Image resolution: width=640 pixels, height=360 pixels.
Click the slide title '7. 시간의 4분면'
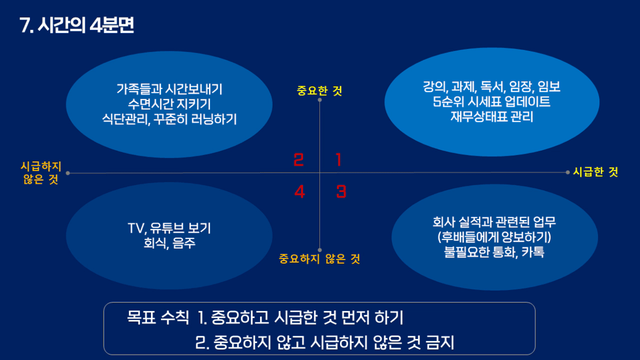click(77, 25)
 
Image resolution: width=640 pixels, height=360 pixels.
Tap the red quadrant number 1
click(338, 159)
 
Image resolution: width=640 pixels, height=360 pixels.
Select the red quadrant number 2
click(298, 159)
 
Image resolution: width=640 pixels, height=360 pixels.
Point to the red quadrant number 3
click(341, 192)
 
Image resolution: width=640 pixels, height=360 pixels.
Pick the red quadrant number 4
click(299, 192)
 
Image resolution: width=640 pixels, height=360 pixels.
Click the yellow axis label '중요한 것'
click(319, 91)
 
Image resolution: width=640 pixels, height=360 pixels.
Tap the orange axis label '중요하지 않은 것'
click(319, 259)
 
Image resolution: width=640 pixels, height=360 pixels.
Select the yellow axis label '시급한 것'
click(596, 172)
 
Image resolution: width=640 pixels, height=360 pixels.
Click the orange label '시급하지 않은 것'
click(41, 173)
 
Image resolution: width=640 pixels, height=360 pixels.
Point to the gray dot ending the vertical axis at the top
click(319, 99)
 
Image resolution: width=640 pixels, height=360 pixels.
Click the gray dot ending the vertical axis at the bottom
click(319, 250)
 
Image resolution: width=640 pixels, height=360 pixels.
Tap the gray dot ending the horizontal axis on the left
click(68, 173)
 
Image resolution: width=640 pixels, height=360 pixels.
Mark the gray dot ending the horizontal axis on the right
click(568, 172)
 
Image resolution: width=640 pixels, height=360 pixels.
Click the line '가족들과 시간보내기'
click(169, 89)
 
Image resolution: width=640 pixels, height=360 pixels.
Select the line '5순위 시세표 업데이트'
click(492, 102)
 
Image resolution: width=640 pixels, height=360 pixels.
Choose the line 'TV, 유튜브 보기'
click(169, 228)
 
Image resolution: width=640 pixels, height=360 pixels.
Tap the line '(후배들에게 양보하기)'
click(494, 237)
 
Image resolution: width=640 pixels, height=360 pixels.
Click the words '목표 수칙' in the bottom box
click(158, 317)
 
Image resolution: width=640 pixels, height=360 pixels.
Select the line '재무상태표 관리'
click(492, 116)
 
